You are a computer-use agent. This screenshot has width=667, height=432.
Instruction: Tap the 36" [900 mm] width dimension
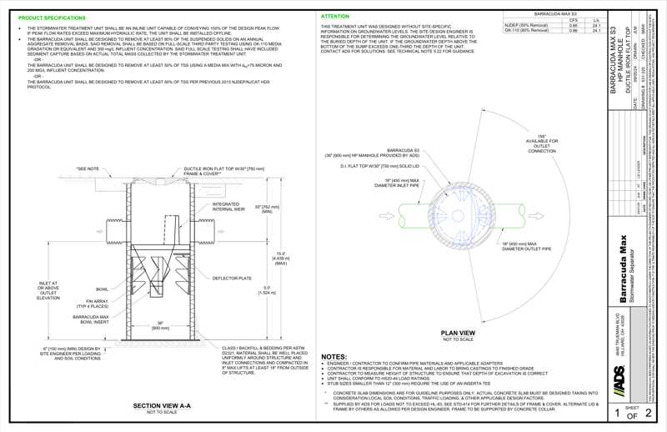159,326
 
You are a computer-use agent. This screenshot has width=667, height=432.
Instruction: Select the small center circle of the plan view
457,216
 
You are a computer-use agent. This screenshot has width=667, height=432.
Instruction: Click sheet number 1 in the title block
616,412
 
